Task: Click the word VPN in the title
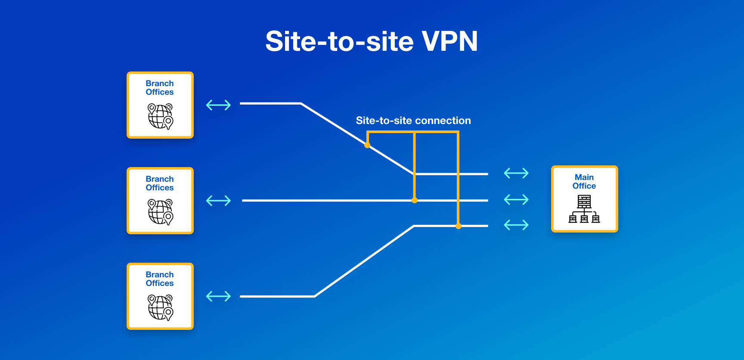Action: [x=449, y=41]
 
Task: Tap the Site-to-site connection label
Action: [x=413, y=121]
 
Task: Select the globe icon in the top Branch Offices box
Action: [x=160, y=116]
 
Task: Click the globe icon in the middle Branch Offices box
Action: [x=160, y=211]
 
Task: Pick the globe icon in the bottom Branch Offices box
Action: [x=160, y=307]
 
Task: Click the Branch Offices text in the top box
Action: [x=160, y=88]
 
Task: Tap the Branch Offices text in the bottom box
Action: [x=160, y=279]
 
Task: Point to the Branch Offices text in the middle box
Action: [x=160, y=183]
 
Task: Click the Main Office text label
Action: [x=584, y=182]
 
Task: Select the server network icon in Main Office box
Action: [x=584, y=209]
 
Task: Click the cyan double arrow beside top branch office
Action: [x=218, y=105]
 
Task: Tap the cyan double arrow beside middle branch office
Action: [x=218, y=201]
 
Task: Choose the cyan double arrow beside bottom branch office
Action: [x=218, y=296]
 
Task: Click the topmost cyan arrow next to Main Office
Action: [x=516, y=174]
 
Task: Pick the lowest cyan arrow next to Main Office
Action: [x=516, y=225]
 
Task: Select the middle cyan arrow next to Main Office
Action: [x=516, y=199]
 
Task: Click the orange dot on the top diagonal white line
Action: [x=367, y=145]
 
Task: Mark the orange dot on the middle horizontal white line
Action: [x=415, y=200]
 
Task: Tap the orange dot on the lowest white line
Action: [x=459, y=226]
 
